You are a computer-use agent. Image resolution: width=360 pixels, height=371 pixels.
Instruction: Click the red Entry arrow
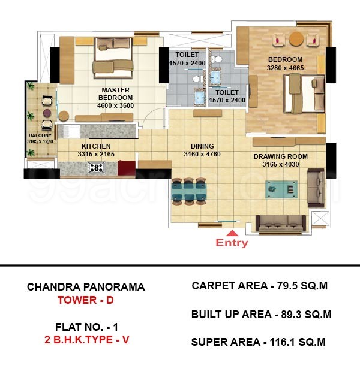232,233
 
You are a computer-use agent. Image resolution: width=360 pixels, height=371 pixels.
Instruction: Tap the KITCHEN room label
96,146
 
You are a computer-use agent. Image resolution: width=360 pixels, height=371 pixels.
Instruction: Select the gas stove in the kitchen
96,168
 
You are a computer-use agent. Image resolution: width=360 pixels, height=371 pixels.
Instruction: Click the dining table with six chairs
189,191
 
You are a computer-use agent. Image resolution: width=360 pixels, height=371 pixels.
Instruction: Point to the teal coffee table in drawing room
281,189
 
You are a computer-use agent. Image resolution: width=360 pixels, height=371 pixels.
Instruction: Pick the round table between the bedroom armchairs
296,39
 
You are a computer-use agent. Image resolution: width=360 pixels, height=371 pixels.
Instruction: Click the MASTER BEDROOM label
116,93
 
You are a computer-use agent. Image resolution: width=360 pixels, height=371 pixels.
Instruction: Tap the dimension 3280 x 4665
286,68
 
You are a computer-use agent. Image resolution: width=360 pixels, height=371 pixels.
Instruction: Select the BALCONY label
40,135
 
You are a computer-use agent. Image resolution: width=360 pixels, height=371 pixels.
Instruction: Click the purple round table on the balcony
47,113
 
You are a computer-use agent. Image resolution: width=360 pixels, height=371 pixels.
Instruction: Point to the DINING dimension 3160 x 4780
202,154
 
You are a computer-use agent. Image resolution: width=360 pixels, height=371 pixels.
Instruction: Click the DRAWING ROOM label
281,156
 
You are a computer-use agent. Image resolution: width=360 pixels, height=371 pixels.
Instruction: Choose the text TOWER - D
85,300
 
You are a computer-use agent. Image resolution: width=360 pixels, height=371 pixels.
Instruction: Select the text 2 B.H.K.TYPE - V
86,340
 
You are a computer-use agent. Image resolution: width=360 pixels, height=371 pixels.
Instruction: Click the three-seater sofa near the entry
281,224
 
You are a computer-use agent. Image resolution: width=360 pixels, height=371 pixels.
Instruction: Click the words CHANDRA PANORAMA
86,287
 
